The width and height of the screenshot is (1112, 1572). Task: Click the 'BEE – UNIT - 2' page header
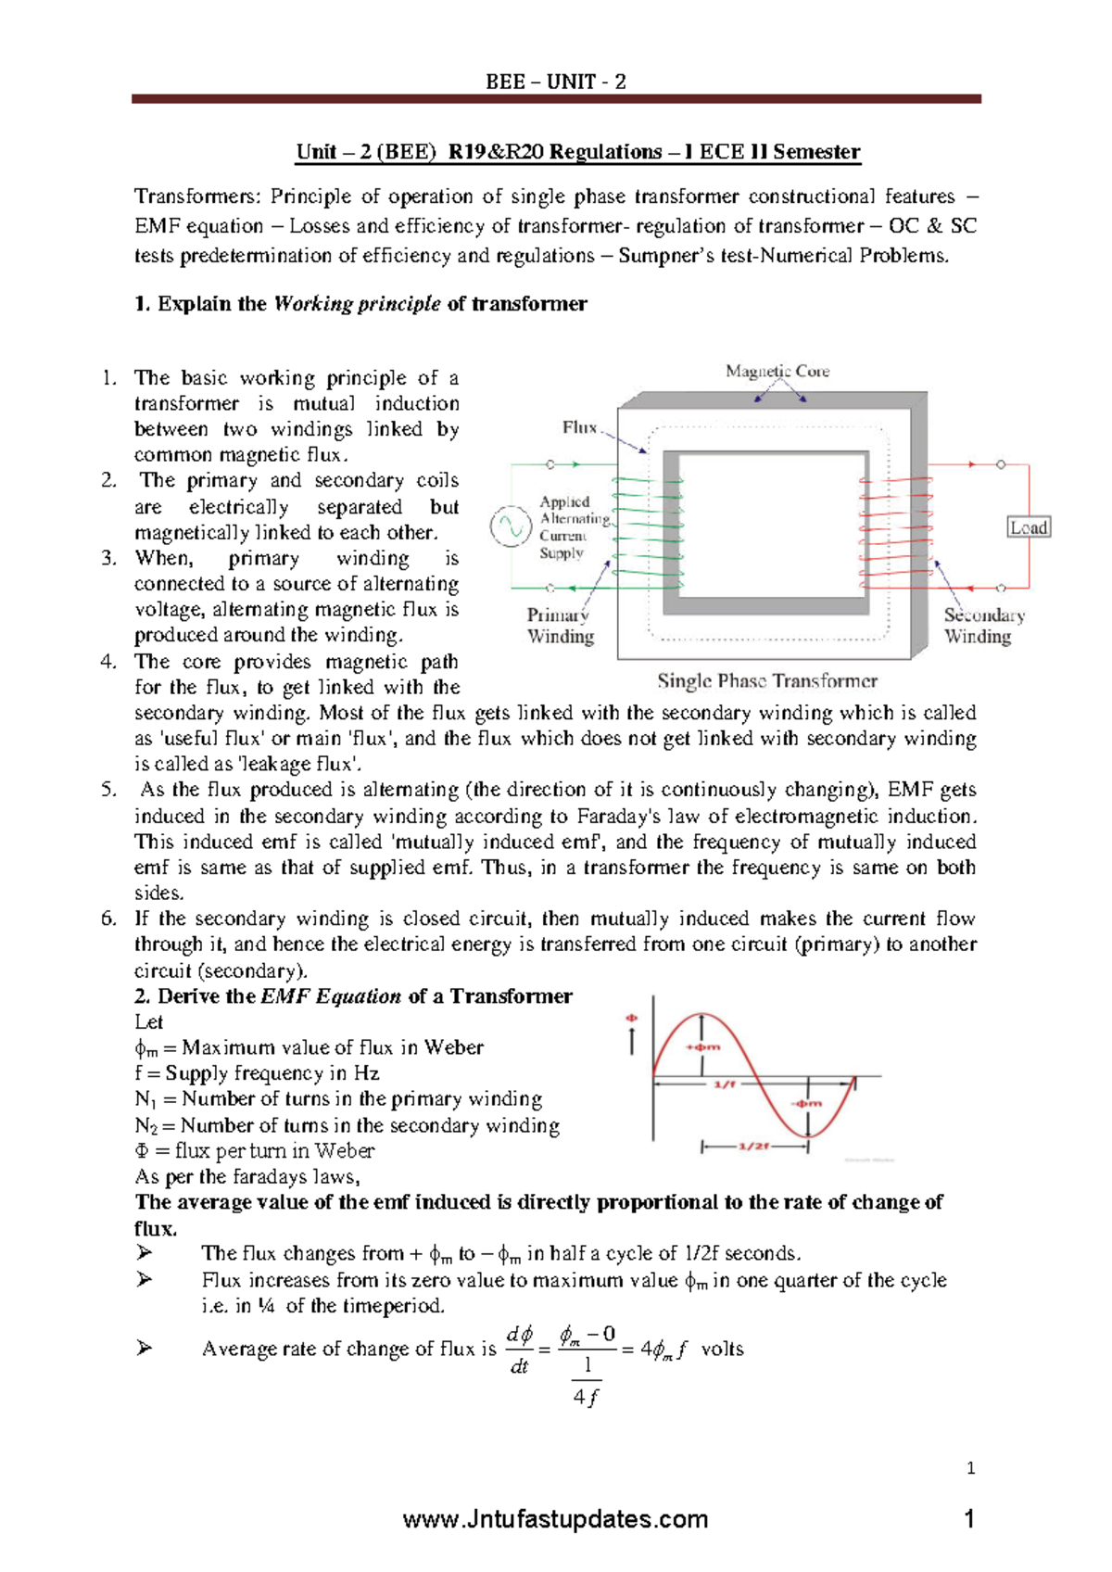pos(556,82)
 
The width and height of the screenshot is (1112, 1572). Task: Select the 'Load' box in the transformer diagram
pos(1029,527)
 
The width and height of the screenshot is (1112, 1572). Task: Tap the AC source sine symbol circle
pos(510,526)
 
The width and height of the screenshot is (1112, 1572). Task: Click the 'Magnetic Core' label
pos(777,371)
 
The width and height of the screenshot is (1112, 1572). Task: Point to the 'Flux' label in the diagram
pos(580,427)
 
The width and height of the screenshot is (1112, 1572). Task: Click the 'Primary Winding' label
pos(560,626)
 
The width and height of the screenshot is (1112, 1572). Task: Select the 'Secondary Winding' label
pos(983,626)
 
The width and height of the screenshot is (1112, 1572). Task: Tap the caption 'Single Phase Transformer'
pos(767,681)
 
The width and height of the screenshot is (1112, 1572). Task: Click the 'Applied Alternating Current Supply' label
pos(574,527)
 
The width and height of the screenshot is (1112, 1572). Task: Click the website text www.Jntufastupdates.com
pos(556,1520)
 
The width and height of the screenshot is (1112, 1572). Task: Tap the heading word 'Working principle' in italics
pos(357,304)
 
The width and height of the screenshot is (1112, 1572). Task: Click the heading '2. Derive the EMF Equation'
pos(353,996)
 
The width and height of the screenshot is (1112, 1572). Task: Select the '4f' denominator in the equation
pos(585,1397)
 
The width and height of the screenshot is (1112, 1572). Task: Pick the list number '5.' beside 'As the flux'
pos(108,790)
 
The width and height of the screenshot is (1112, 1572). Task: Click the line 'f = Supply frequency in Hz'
pos(257,1073)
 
